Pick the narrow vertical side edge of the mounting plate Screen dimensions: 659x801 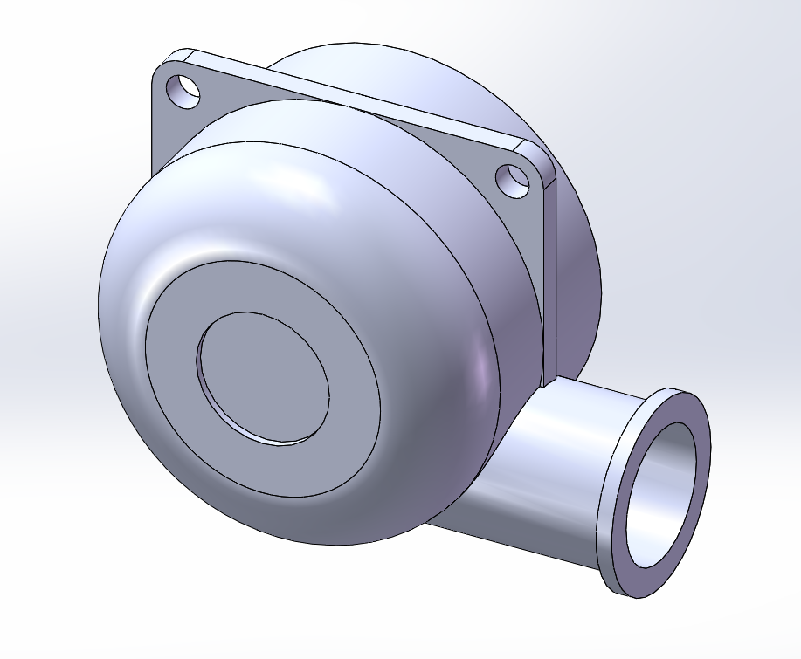pyautogui.click(x=549, y=279)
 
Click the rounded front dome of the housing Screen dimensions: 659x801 pyautogui.click(x=262, y=201)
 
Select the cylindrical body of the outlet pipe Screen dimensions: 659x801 pyautogui.click(x=559, y=471)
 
